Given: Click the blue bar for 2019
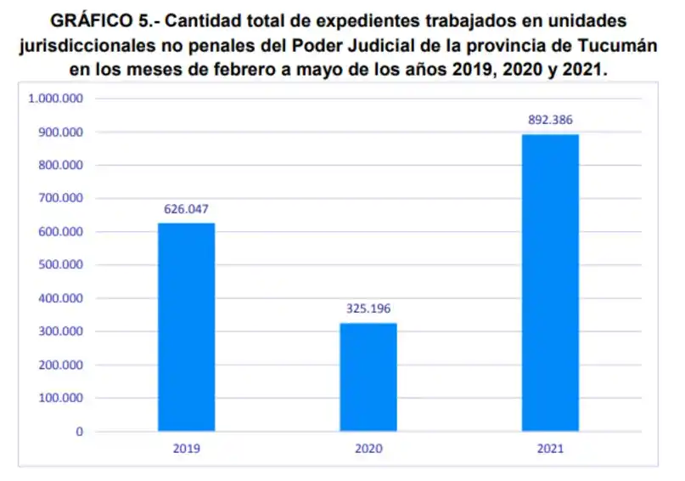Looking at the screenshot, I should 186,327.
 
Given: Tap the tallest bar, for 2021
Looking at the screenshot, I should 550,283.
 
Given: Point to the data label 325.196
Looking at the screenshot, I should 368,308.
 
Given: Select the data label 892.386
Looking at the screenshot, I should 550,119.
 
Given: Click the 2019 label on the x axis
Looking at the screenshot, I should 186,448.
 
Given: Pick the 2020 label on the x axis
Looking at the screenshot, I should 368,448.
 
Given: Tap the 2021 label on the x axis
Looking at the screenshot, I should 550,448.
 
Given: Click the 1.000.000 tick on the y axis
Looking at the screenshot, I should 55,99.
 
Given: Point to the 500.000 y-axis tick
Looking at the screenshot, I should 59,265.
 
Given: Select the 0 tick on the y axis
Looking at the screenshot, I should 79,432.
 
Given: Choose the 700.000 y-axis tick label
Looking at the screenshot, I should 59,199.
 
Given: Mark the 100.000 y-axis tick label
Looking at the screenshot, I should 59,399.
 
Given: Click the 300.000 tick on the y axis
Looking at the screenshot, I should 59,332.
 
